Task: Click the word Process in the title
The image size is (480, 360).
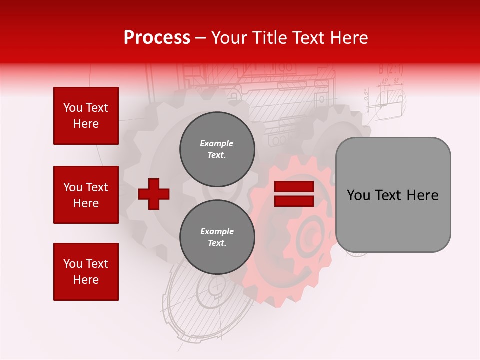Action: point(157,38)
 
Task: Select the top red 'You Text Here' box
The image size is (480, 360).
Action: point(86,116)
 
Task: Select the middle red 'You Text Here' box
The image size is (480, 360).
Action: point(86,195)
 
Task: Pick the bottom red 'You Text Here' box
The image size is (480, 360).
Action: point(86,271)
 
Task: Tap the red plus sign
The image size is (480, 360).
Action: point(154,194)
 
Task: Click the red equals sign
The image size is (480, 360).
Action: point(294,194)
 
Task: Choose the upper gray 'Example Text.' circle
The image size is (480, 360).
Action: point(217,149)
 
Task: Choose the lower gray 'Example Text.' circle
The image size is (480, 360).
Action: point(217,237)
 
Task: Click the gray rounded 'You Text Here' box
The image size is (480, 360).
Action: point(393,195)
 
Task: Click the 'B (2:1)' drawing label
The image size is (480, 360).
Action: point(390,69)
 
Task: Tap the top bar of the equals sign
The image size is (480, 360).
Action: point(294,187)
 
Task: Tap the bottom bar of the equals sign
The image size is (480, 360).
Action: point(294,201)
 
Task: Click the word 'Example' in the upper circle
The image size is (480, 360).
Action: point(216,143)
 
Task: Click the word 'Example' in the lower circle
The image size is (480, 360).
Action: point(217,231)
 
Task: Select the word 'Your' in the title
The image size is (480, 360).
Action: point(230,38)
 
